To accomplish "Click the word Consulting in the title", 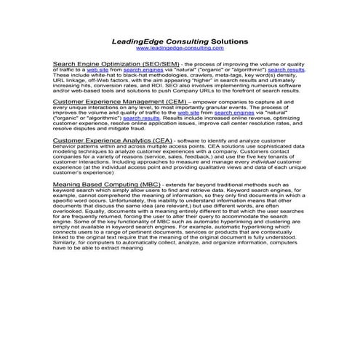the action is click(175, 42).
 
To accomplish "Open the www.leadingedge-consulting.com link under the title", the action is click(180, 49).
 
